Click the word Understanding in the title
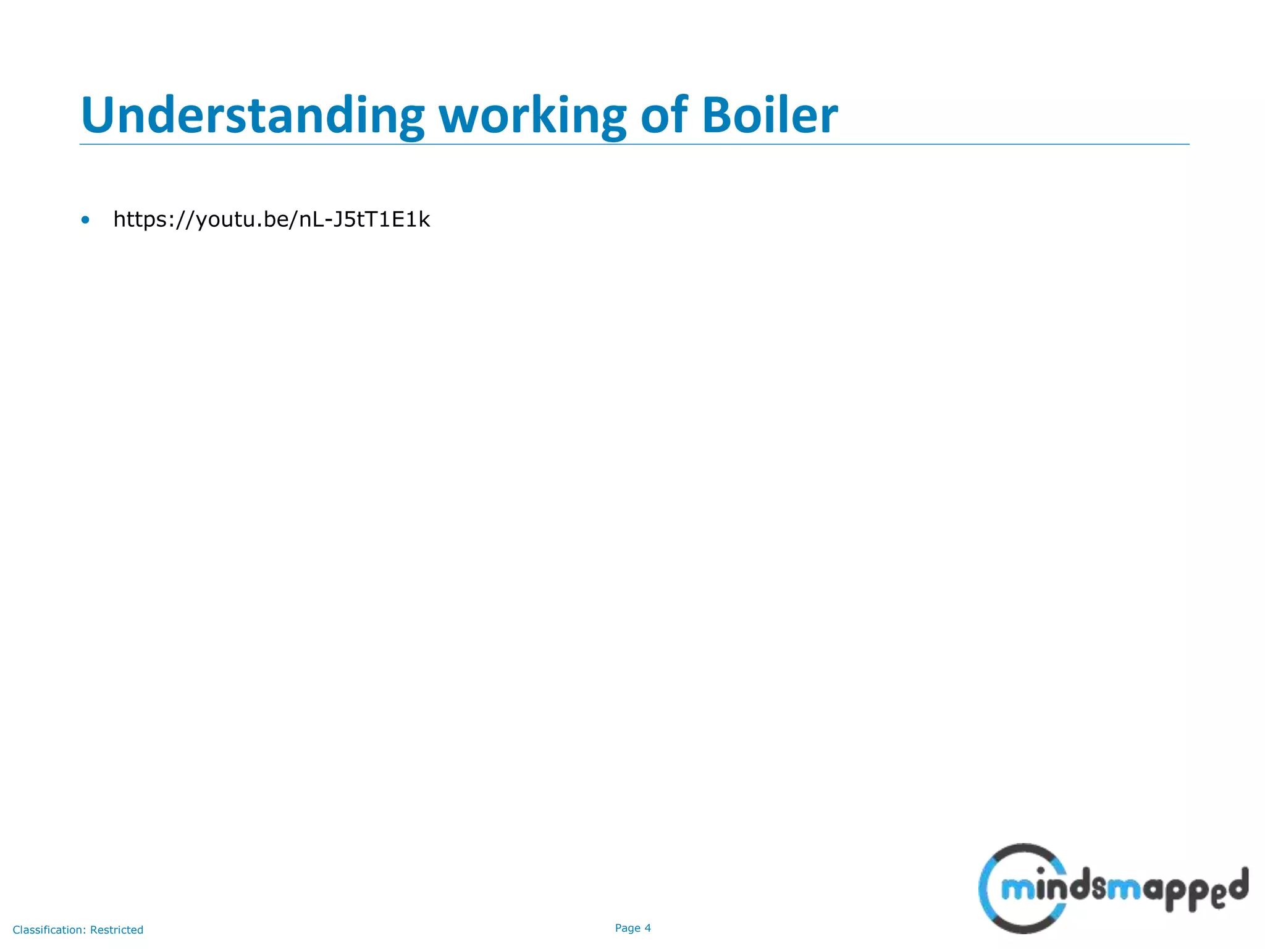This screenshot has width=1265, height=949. pos(252,116)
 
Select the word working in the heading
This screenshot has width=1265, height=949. pos(532,116)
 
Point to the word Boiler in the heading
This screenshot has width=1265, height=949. pos(770,116)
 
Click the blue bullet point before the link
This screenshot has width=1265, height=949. pos(85,220)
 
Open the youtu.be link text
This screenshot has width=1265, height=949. pos(271,219)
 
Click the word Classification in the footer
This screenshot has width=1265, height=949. pos(49,930)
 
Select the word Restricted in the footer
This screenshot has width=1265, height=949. pos(117,930)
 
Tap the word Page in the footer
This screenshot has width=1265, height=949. pos(628,928)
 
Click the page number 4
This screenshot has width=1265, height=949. pos(648,928)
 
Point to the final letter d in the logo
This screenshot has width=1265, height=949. pos(1237,885)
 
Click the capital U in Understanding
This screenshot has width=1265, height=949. pos(98,116)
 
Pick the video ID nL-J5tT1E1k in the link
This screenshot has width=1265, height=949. pos(364,219)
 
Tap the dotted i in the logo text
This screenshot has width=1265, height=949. pos(1041,885)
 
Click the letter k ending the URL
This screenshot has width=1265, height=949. pos(424,219)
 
